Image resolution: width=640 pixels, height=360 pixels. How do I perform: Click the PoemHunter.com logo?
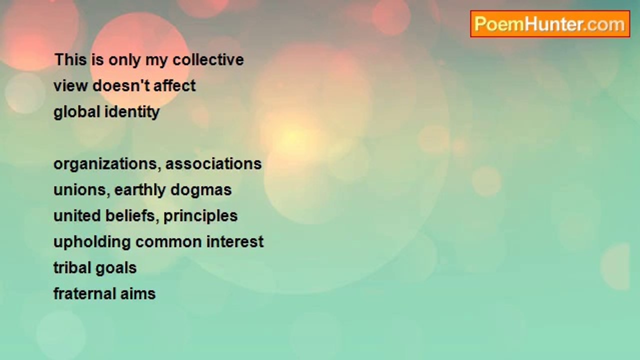tap(550, 24)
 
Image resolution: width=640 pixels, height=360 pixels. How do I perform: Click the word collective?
tap(208, 59)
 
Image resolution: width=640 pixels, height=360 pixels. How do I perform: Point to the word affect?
tap(174, 85)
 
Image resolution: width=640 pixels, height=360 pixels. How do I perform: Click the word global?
tap(77, 111)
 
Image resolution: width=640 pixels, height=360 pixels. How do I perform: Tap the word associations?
tap(213, 164)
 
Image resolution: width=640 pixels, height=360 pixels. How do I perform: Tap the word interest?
tap(235, 242)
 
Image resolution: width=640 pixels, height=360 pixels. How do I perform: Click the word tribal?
tap(72, 268)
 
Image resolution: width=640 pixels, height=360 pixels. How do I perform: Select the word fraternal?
tap(84, 294)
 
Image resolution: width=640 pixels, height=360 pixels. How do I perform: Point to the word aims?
tap(138, 294)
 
